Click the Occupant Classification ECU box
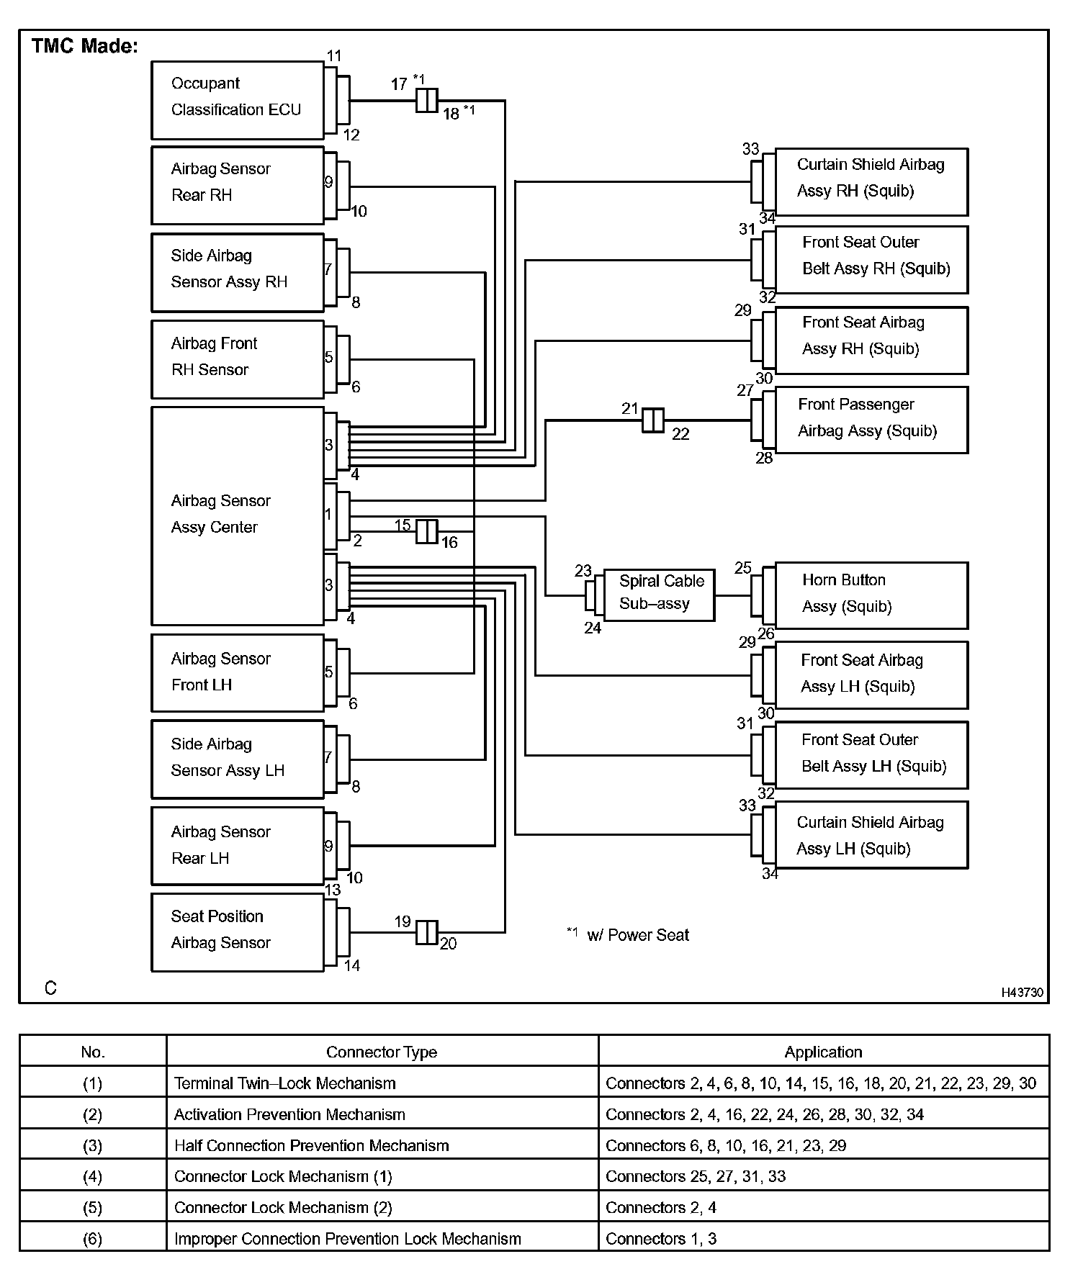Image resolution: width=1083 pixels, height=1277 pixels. pyautogui.click(x=238, y=100)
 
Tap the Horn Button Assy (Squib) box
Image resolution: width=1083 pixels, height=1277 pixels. pyautogui.click(x=871, y=595)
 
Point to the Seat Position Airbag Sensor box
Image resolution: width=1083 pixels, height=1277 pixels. pyautogui.click(x=238, y=932)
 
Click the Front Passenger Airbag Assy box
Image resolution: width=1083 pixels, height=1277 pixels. pyautogui.click(x=871, y=420)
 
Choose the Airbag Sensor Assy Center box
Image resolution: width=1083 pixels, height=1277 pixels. pyautogui.click(x=238, y=515)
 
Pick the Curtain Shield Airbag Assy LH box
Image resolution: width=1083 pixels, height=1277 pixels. pyautogui.click(x=871, y=835)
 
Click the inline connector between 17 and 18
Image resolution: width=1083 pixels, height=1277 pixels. pyautogui.click(x=427, y=100)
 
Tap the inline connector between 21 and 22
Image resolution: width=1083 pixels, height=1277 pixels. pyautogui.click(x=653, y=420)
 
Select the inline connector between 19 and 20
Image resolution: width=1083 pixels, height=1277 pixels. pyautogui.click(x=427, y=932)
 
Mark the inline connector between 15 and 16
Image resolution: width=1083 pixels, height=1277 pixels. pyautogui.click(x=427, y=532)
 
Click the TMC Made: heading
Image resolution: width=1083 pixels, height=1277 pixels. pyautogui.click(x=85, y=46)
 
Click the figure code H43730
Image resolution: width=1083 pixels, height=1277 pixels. pyautogui.click(x=1022, y=992)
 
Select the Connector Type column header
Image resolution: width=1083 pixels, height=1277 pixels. pyautogui.click(x=382, y=1052)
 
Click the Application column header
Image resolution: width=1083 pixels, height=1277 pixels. pyautogui.click(x=823, y=1052)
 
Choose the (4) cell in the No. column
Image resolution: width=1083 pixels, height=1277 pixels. pyautogui.click(x=93, y=1176)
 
